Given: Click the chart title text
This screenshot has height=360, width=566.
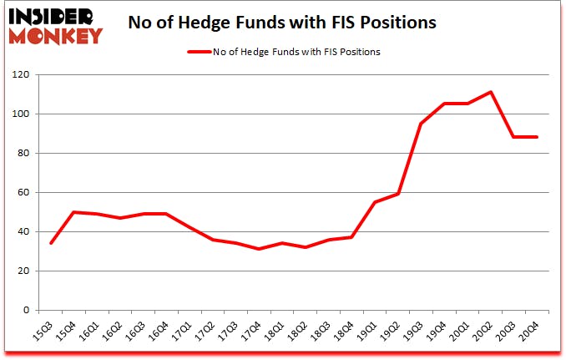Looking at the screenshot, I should tap(282, 23).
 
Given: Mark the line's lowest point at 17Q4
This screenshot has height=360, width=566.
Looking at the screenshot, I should tap(260, 249).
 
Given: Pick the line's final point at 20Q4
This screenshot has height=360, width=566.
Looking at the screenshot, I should tap(537, 137).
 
